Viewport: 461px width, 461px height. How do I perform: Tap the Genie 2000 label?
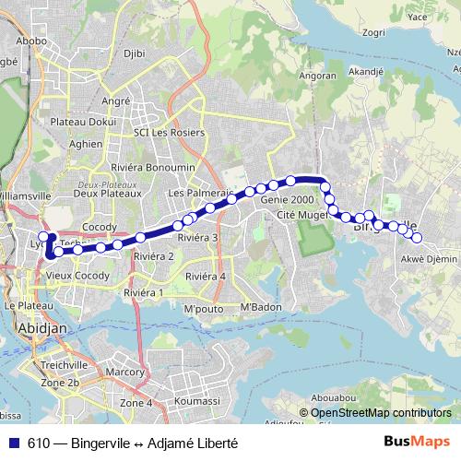pos(288,199)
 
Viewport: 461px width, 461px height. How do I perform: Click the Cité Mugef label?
pos(302,215)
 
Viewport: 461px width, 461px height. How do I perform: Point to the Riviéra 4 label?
pos(205,276)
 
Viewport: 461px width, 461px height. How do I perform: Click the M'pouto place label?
pos(204,307)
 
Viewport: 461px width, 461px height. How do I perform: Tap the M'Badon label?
pos(260,306)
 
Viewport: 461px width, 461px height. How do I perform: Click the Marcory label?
pos(125,372)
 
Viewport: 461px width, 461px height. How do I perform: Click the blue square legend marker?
pos(14,443)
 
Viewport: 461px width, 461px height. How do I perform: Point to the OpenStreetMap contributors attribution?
pos(380,413)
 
